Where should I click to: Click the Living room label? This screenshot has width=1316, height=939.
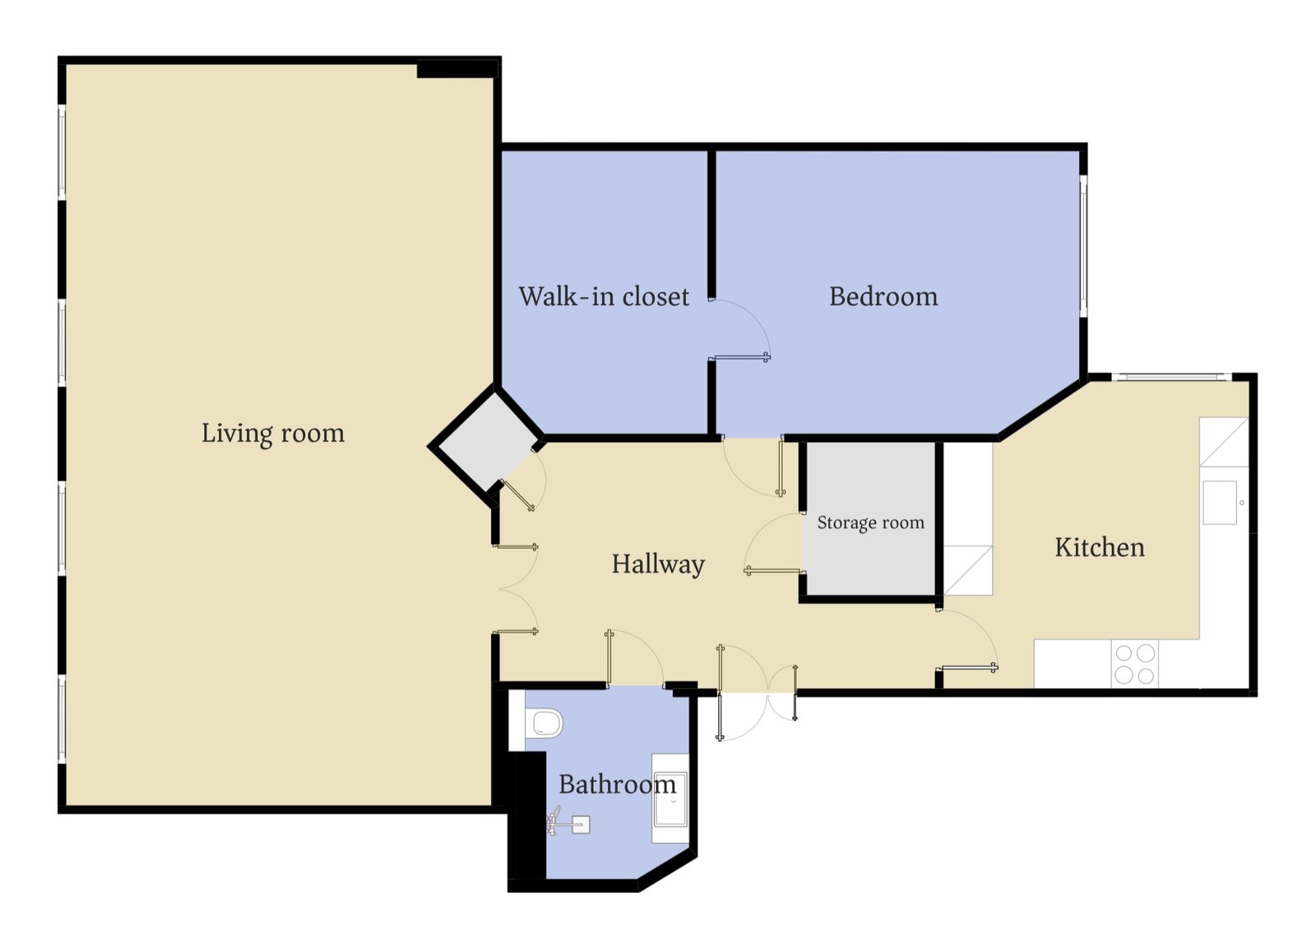click(x=272, y=434)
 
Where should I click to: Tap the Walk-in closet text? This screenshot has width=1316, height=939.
click(x=604, y=296)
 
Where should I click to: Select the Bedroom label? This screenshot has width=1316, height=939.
click(x=883, y=296)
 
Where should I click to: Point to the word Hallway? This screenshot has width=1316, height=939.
click(x=658, y=565)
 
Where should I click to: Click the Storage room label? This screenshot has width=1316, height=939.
click(x=871, y=522)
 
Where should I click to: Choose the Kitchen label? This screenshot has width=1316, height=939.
click(x=1100, y=547)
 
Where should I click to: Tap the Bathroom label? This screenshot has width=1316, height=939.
click(x=617, y=784)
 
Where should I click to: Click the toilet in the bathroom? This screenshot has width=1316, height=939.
click(x=544, y=723)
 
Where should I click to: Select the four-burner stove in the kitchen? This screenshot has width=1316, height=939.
click(x=1134, y=664)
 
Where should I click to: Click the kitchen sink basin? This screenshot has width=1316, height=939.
click(x=1220, y=503)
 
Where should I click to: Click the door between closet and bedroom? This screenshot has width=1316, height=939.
click(x=740, y=329)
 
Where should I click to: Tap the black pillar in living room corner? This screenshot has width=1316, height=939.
click(x=457, y=69)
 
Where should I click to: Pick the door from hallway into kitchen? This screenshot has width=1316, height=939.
click(x=967, y=640)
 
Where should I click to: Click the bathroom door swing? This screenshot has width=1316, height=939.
click(x=636, y=658)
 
